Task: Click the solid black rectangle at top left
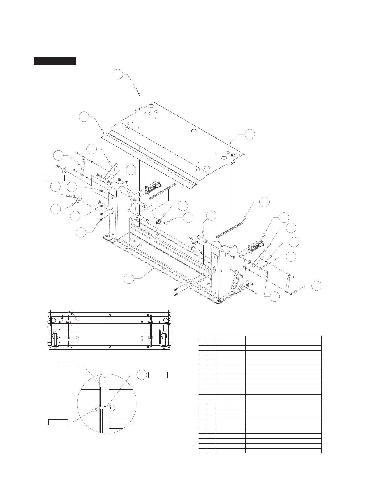tap(55, 61)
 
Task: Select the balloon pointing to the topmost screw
tap(118, 75)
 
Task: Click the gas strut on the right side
tap(287, 284)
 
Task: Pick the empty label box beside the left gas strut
tap(55, 178)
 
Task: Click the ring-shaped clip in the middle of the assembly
tap(159, 222)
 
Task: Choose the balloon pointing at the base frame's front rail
tap(129, 278)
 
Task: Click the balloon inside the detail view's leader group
tap(141, 375)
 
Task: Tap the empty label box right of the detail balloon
tap(158, 375)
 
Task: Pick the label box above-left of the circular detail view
tap(68, 365)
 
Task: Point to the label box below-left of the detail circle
tap(58, 422)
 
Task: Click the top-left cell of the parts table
tap(203, 338)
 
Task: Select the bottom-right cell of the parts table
tap(283, 451)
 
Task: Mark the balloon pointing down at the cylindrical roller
tap(211, 216)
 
